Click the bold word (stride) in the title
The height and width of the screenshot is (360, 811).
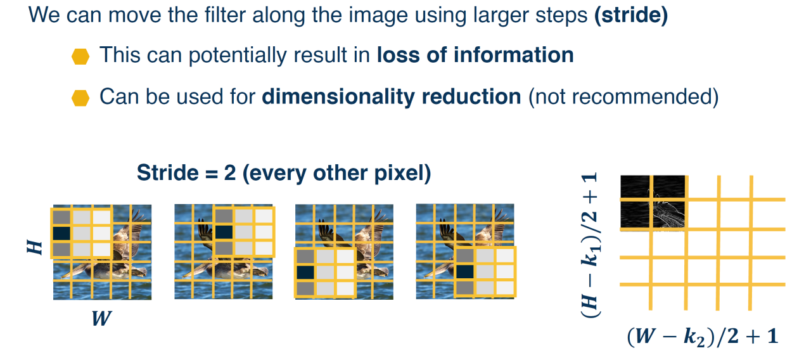[631, 15]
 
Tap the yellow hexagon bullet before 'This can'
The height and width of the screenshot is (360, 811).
[80, 56]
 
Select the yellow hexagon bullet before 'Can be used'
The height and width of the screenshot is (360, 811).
[80, 98]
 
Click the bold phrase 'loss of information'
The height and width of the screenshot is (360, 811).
[475, 55]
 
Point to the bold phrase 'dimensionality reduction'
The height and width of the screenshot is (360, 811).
[392, 97]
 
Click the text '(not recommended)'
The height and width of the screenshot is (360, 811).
[623, 97]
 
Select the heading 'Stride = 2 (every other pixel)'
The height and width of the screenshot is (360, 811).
[284, 173]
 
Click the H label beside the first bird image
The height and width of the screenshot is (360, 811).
[35, 247]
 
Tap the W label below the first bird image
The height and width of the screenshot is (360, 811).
[101, 318]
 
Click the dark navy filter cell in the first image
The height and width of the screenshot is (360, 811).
[61, 233]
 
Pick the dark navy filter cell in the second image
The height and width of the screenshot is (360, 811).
[224, 232]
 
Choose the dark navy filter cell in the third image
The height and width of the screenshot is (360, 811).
[305, 272]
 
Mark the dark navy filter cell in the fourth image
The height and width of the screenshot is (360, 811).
[465, 272]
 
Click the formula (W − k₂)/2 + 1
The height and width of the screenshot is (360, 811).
[703, 337]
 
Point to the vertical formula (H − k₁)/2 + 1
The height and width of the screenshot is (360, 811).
[590, 246]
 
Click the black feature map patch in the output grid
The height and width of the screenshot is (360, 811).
[653, 202]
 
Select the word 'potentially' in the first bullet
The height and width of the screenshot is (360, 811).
[237, 56]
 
